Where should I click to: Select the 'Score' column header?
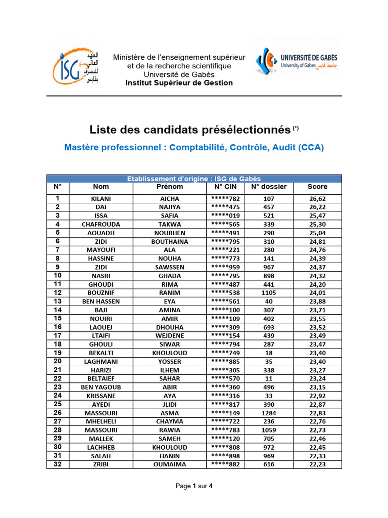click(x=317, y=187)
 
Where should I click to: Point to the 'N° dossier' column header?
click(x=269, y=187)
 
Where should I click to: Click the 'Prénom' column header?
click(x=170, y=187)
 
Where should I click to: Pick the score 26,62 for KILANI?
click(x=317, y=199)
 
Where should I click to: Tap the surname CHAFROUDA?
click(x=101, y=224)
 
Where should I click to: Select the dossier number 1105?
click(x=269, y=293)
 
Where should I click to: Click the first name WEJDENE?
click(x=170, y=336)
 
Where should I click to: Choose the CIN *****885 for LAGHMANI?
click(x=225, y=362)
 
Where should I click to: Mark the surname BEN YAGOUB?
click(x=101, y=387)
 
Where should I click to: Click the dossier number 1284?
click(x=269, y=413)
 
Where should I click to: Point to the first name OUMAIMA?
click(x=170, y=464)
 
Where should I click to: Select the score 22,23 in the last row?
click(x=317, y=464)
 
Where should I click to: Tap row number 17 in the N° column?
click(x=58, y=336)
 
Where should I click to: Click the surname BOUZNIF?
click(x=101, y=293)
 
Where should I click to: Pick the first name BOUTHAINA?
click(x=170, y=241)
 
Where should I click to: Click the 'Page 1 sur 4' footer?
click(x=194, y=486)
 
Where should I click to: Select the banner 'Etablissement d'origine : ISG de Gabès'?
click(x=194, y=178)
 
